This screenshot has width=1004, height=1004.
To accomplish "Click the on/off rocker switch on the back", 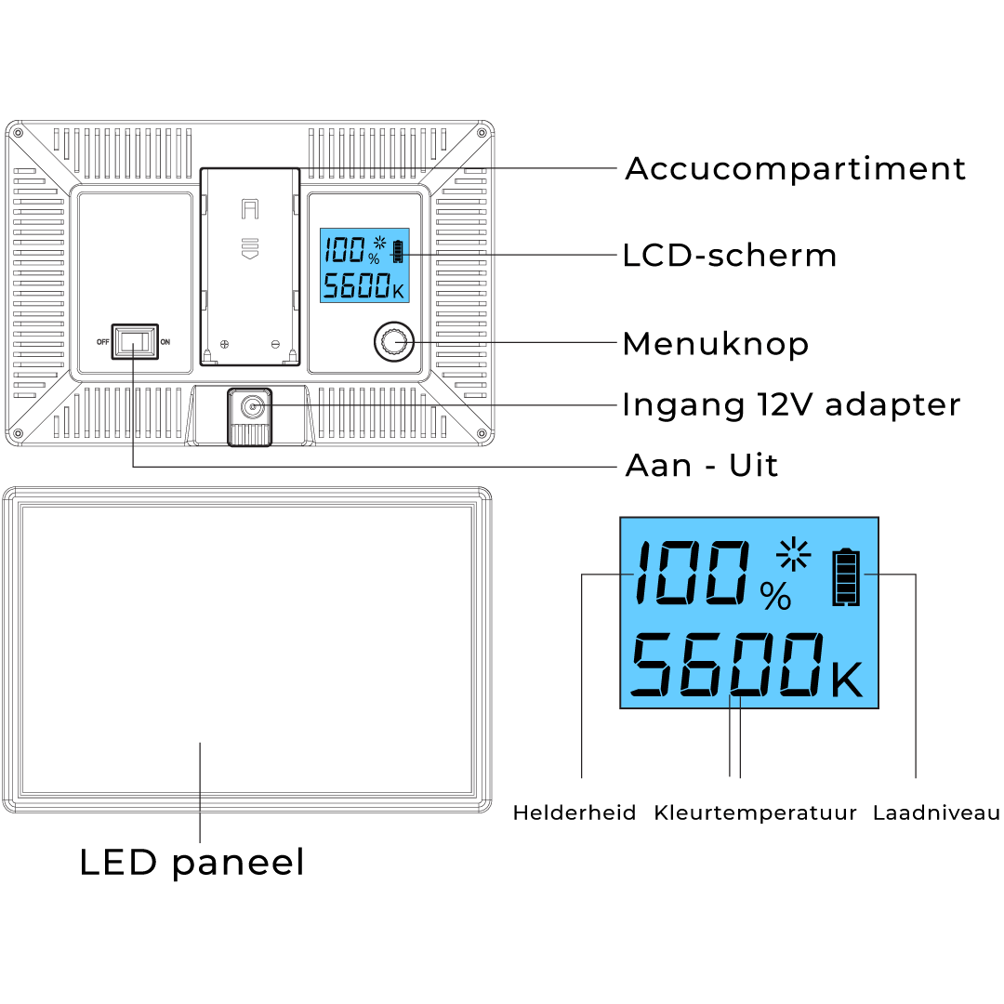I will click(135, 341).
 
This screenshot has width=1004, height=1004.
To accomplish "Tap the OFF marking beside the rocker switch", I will click(102, 341).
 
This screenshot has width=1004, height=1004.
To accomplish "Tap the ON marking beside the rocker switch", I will click(165, 341).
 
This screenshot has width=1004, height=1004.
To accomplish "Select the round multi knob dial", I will click(393, 343).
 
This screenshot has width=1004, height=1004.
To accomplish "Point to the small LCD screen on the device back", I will click(364, 265).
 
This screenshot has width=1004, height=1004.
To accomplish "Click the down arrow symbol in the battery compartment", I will click(250, 249).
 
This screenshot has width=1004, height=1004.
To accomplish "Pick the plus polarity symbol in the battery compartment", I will click(224, 344).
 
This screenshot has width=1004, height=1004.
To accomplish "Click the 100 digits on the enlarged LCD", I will click(692, 573).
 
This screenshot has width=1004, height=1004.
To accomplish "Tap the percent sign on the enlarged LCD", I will click(775, 597).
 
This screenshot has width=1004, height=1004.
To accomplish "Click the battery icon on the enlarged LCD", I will click(846, 577).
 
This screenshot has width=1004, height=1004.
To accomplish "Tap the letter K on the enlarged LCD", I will click(846, 680).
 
